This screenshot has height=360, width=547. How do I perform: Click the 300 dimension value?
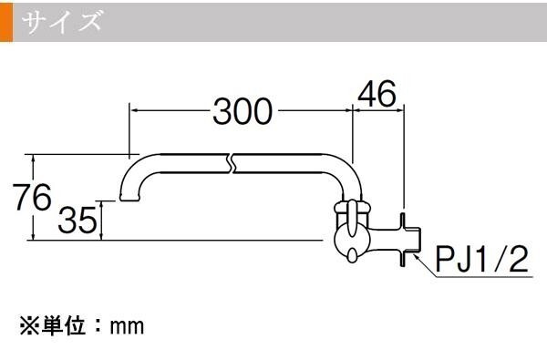tap(243, 111)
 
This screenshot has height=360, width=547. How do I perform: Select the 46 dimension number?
tap(377, 94)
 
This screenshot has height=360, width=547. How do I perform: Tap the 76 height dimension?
tap(32, 197)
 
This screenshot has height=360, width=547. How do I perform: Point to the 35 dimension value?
tap(77, 220)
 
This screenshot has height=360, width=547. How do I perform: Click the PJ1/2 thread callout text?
tap(481, 259)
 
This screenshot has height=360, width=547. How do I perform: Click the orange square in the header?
tap(6, 22)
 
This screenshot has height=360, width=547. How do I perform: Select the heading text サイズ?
tap(62, 22)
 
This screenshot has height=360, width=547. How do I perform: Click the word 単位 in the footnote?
tap(64, 325)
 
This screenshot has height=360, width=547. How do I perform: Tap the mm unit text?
tap(127, 327)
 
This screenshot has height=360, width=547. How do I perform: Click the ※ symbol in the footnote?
tap(30, 326)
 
